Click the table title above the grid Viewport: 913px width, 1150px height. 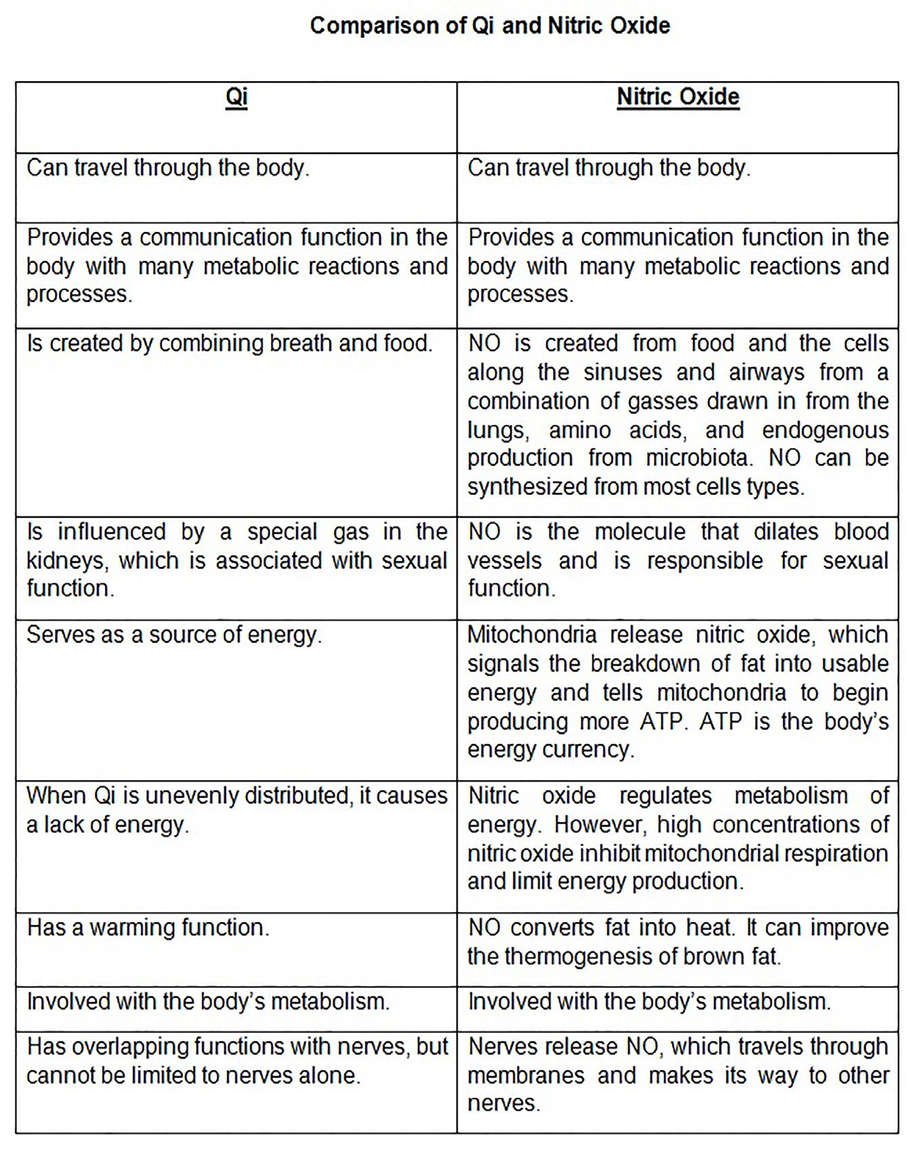coord(490,26)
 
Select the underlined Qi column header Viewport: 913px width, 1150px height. coord(236,97)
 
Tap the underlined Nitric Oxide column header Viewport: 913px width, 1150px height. coord(678,97)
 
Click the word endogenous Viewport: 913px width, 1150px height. coord(825,430)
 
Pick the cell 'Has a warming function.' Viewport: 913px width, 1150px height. coord(148,928)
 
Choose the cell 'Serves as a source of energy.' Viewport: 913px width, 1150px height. coord(174,635)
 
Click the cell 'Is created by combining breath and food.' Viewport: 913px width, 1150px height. coord(229,343)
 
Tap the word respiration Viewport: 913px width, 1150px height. coord(835,854)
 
